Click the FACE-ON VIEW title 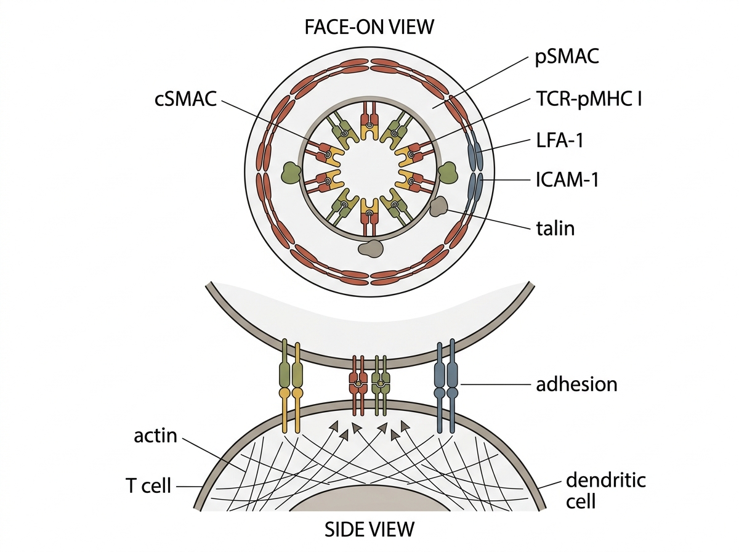[x=369, y=27]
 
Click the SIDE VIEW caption [x=369, y=529]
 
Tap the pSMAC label [x=567, y=57]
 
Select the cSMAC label [x=185, y=99]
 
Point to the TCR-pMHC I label [x=589, y=99]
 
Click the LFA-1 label [x=559, y=140]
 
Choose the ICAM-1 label [x=567, y=180]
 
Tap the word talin [x=555, y=229]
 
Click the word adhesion [x=576, y=384]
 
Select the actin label [x=156, y=436]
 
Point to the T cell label [x=148, y=486]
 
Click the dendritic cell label [x=606, y=490]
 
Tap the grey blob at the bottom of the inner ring [x=370, y=248]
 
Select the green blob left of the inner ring [x=291, y=172]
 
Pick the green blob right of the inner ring [x=447, y=172]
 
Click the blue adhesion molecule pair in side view [x=446, y=386]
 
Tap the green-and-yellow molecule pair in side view [x=291, y=388]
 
